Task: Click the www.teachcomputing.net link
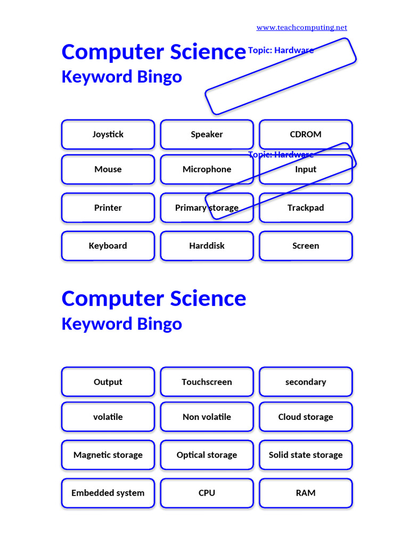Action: point(301,28)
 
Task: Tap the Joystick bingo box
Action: point(108,134)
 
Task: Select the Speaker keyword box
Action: point(207,134)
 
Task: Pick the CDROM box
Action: point(306,134)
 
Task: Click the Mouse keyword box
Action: point(108,169)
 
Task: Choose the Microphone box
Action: point(207,169)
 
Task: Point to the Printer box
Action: point(108,208)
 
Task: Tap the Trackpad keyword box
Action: point(306,208)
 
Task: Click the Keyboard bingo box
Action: point(108,246)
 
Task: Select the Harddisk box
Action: point(207,246)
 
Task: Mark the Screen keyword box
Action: point(306,246)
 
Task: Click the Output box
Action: point(108,382)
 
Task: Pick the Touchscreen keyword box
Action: point(207,382)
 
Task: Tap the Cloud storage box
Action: point(306,417)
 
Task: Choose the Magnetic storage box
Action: point(108,455)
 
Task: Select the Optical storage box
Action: point(207,455)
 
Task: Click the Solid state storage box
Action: point(306,455)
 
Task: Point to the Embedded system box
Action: point(108,493)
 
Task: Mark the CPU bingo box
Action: point(207,493)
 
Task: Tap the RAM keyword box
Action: point(306,493)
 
